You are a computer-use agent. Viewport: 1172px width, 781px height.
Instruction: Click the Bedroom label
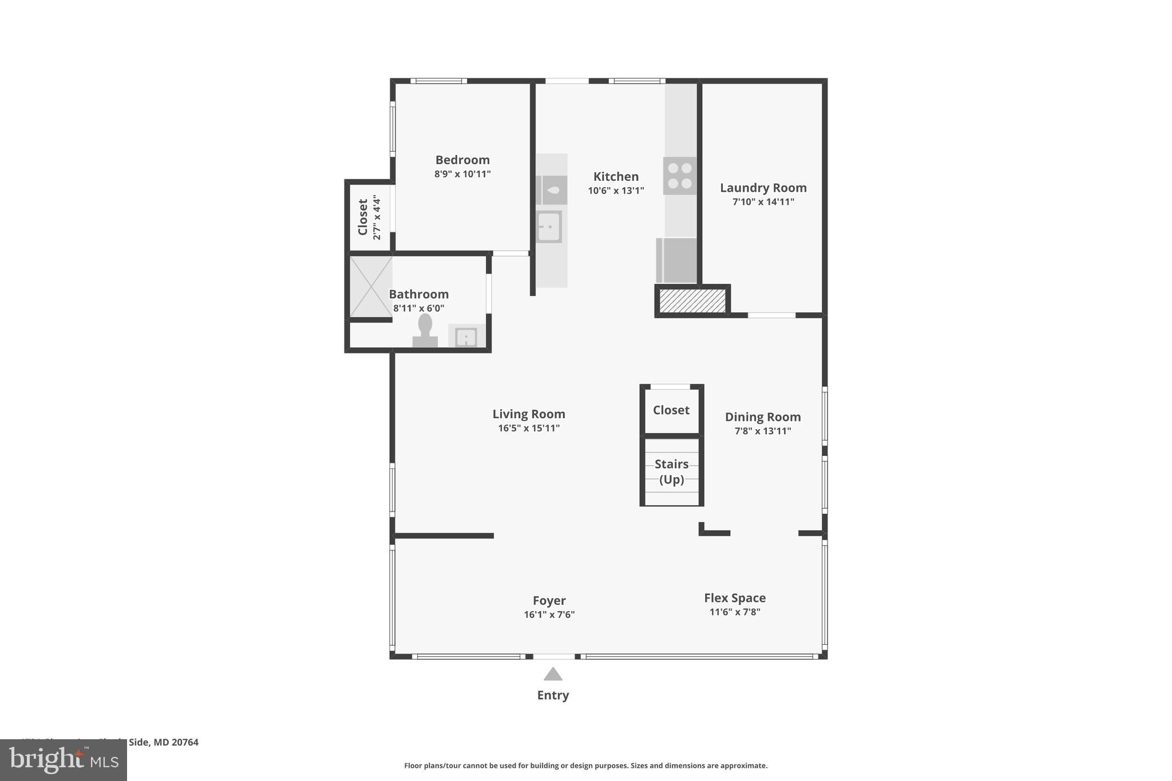462,160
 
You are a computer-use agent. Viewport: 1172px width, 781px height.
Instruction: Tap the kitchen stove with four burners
680,176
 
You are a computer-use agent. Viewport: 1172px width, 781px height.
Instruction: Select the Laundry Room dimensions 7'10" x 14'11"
763,202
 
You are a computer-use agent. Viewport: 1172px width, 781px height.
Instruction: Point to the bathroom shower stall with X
371,287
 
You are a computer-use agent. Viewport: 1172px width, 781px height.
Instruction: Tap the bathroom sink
466,337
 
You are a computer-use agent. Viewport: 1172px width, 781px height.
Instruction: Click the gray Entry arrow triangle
553,675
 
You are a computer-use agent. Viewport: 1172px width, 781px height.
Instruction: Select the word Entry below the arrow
553,695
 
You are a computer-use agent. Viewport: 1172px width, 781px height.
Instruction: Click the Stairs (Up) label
671,471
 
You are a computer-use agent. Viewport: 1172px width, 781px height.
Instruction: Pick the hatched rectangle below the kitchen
692,301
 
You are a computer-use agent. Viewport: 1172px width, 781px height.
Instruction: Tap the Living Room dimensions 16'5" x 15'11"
529,428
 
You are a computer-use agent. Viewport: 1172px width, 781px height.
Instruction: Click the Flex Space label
735,598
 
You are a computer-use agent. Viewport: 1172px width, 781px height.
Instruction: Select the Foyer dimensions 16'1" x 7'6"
549,615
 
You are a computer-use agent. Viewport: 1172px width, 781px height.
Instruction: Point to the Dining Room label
763,417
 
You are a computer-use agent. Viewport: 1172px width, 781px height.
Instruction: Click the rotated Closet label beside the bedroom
363,217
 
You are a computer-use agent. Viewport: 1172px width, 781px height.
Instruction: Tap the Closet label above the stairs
671,410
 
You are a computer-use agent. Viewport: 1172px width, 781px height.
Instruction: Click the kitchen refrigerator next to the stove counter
676,260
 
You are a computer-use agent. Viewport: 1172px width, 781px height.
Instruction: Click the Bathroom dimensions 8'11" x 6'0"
418,308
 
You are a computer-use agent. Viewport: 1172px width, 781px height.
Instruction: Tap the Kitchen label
616,177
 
